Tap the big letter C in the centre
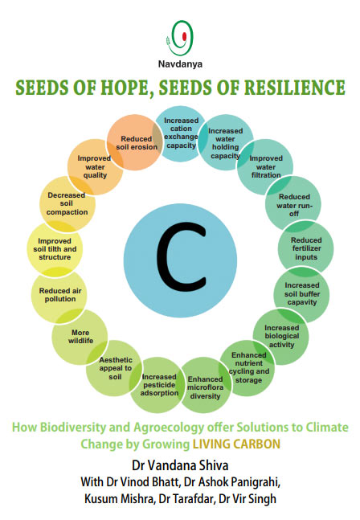(181, 257)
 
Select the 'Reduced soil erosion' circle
(135, 142)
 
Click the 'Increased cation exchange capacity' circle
(181, 133)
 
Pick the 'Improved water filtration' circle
(265, 167)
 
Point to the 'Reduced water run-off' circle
(293, 204)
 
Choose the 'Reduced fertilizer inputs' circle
(305, 248)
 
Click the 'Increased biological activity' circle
(281, 337)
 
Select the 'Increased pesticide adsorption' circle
(158, 385)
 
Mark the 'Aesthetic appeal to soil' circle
(114, 368)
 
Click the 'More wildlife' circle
(80, 337)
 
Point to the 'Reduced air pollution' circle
(59, 295)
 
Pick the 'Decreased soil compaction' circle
(67, 204)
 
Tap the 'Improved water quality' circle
(96, 167)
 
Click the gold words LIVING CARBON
(237, 444)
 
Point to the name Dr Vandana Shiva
(180, 465)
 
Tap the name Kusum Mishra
(120, 499)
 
